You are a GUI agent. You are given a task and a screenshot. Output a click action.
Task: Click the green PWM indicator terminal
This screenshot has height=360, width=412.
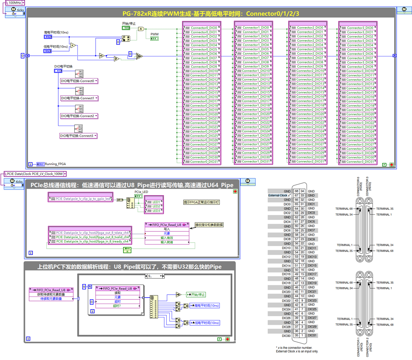154,39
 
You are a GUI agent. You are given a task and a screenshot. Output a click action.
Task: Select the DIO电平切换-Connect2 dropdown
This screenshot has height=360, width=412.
79,116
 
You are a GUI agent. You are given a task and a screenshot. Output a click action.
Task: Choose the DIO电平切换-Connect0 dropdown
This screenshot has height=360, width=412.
79,81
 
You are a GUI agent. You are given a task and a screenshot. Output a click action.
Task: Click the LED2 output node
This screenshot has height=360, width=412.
156,206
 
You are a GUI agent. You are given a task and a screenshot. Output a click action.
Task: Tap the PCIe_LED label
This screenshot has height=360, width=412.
141,192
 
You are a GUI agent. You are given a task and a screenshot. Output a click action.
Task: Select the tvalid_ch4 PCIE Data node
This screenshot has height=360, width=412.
90,237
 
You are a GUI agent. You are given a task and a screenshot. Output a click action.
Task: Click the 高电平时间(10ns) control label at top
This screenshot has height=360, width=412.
56,33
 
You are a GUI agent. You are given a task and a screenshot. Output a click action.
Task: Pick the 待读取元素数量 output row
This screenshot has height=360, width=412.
51,299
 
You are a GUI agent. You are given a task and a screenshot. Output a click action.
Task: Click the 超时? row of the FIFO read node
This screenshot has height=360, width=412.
117,306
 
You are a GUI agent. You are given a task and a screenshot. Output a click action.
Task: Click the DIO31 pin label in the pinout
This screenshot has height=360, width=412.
312,335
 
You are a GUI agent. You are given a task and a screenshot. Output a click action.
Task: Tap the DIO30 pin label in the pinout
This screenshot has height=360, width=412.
287,335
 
